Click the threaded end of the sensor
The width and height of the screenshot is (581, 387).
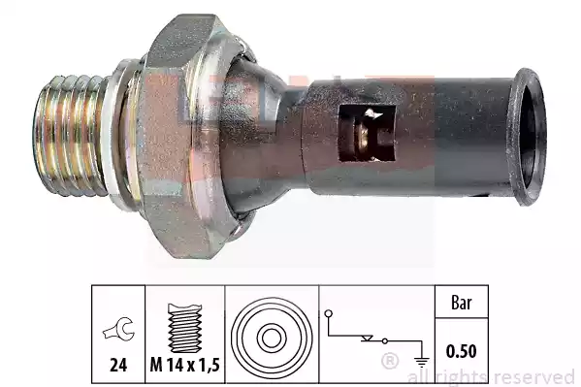click(71, 136)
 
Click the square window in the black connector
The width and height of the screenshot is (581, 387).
click(368, 134)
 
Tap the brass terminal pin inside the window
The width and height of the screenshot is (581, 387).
click(362, 135)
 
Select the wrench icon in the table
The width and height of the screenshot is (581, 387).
click(118, 329)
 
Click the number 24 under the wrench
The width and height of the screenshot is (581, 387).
click(118, 365)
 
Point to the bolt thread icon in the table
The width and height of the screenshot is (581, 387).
click(185, 328)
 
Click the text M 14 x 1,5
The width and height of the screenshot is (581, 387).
click(185, 365)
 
